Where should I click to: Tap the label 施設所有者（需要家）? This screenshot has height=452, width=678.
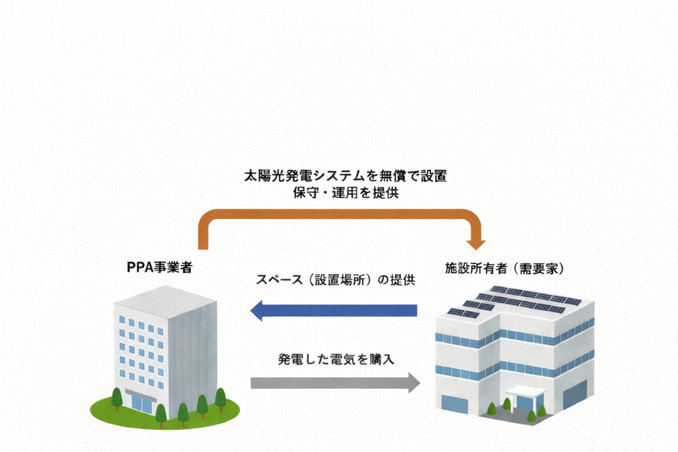(505, 269)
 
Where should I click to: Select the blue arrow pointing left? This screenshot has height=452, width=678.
(334, 310)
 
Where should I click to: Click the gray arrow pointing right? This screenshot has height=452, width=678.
(335, 382)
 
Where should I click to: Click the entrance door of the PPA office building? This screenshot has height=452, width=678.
(141, 402)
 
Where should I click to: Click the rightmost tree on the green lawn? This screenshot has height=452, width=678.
(220, 399)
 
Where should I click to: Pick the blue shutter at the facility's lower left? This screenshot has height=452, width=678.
(454, 404)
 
